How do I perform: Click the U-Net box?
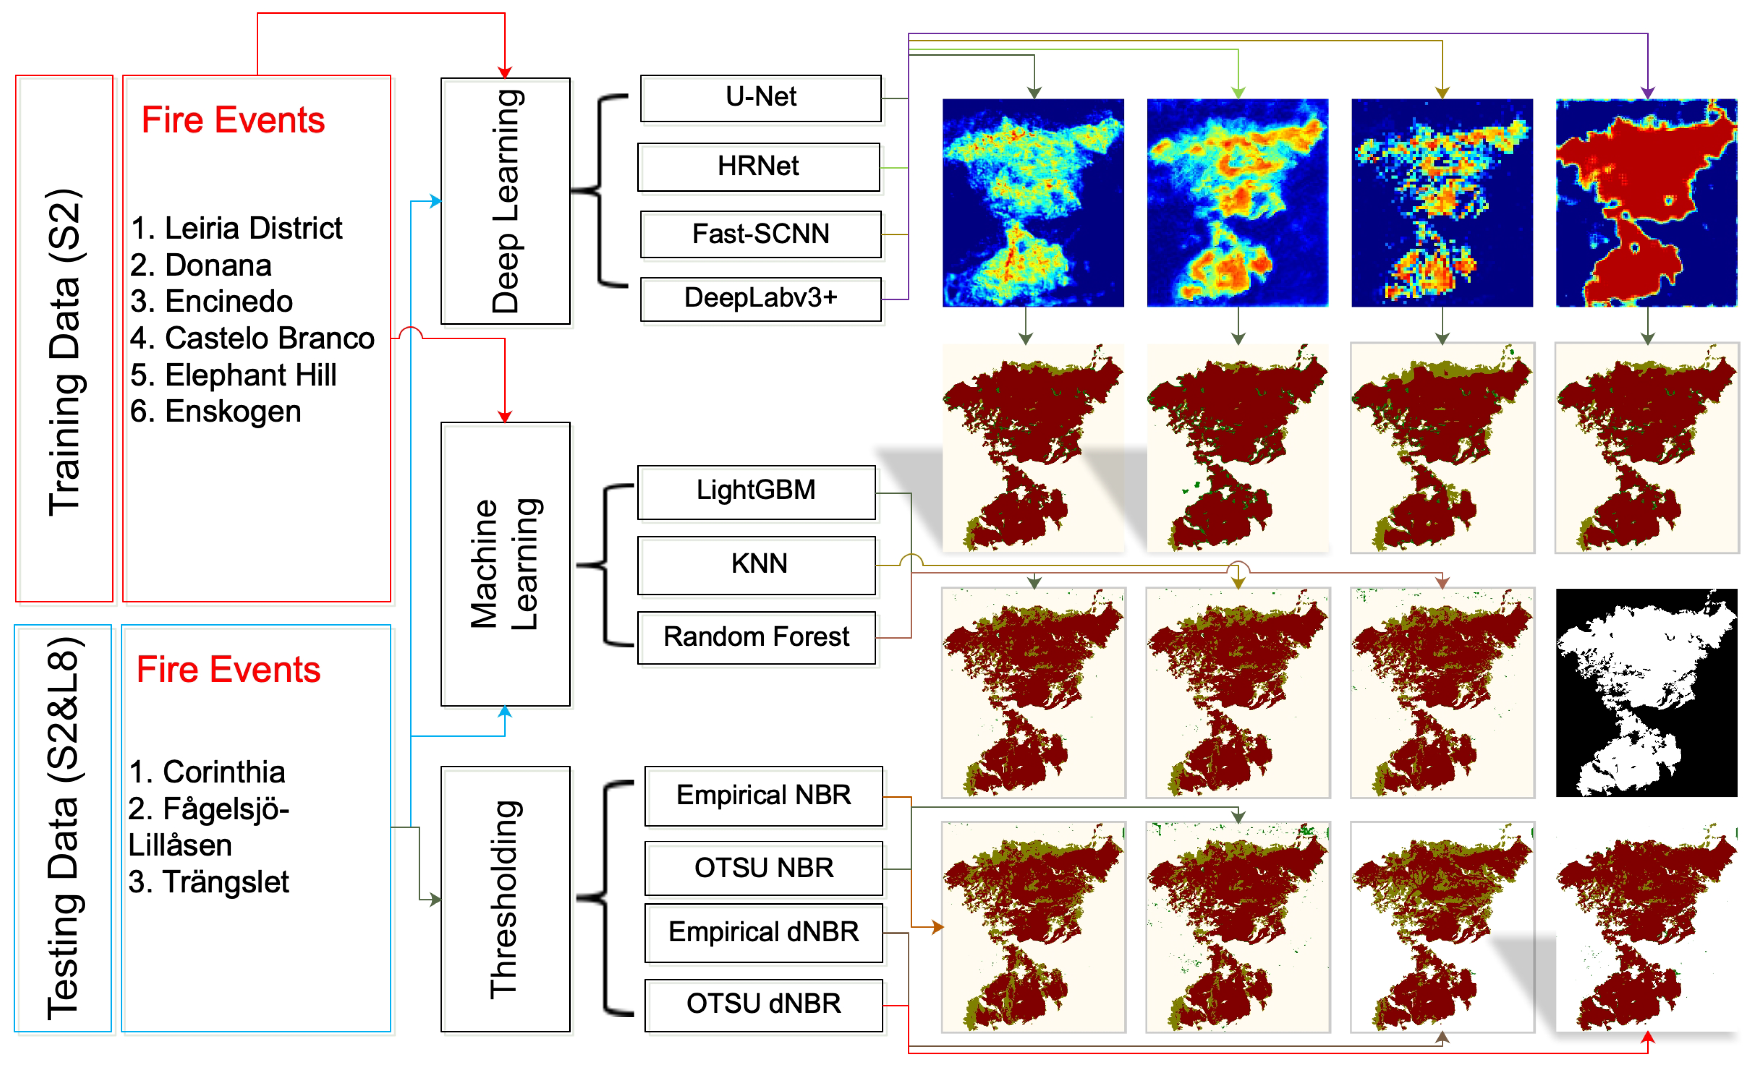pos(760,98)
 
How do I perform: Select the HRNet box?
pos(758,167)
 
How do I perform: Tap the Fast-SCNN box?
pos(760,234)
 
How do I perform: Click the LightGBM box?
pos(756,491)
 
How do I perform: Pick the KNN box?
pos(756,564)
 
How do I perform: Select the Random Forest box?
pos(756,637)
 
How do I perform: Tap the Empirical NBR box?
pos(763,795)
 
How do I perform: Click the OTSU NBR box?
pos(763,868)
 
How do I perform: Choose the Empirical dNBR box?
pos(763,932)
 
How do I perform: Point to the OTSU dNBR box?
pos(763,1004)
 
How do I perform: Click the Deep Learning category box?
pos(505,201)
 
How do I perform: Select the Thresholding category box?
pos(505,898)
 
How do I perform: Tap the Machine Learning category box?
pos(505,564)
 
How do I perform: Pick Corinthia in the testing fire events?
pos(207,772)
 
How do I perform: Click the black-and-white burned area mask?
pos(1646,692)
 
